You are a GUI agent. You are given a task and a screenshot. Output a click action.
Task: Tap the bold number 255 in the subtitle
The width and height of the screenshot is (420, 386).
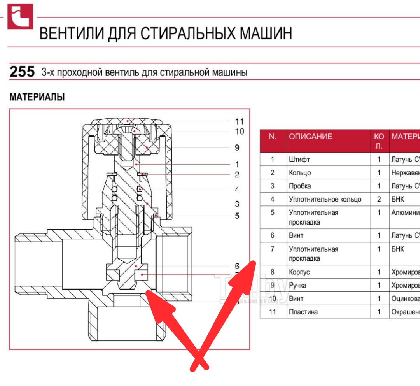click(x=22, y=72)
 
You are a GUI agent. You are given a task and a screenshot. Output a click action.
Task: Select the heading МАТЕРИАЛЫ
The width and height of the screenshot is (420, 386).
click(x=37, y=97)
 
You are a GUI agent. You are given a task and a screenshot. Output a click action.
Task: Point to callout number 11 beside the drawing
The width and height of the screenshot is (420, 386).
click(x=240, y=121)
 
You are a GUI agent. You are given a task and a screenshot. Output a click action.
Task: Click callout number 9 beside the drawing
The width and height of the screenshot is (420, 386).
click(x=237, y=147)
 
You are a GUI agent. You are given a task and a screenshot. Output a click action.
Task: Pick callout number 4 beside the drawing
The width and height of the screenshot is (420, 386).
click(x=237, y=190)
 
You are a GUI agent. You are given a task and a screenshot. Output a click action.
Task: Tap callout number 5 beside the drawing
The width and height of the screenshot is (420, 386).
click(x=237, y=216)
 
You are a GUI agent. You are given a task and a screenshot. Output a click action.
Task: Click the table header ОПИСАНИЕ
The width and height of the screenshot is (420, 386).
click(x=311, y=137)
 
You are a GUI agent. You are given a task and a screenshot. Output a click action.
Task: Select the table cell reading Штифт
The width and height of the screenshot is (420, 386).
click(x=299, y=160)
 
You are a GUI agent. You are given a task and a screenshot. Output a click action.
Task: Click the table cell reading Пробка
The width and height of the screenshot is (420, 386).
click(x=300, y=186)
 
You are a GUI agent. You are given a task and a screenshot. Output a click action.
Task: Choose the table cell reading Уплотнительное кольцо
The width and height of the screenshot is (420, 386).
click(x=325, y=199)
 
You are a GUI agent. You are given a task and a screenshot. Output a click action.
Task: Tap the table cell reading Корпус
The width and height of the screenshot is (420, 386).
click(x=299, y=272)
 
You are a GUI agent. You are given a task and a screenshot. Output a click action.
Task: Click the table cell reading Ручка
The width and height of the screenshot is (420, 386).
click(x=297, y=285)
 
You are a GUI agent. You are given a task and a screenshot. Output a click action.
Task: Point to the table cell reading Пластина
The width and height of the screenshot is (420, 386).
click(x=303, y=312)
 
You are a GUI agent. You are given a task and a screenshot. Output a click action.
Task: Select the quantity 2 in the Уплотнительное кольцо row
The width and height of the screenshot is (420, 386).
click(x=379, y=199)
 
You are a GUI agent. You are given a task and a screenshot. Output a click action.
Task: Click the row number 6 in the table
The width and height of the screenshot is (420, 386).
click(x=273, y=235)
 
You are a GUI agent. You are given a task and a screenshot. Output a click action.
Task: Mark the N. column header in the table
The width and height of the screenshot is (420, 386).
click(x=273, y=137)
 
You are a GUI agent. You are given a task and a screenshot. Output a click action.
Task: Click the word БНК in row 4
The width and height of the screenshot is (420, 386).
click(x=398, y=199)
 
